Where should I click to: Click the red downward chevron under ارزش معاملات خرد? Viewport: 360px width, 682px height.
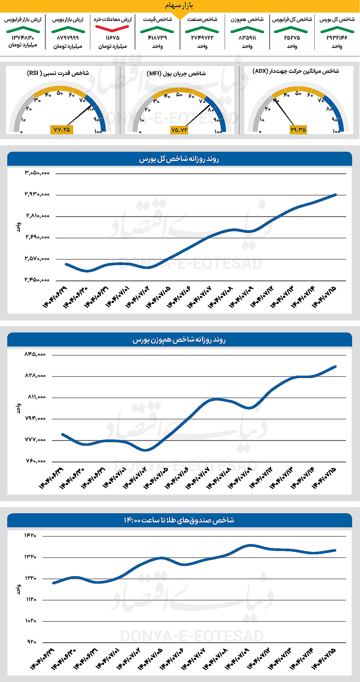point(112,28)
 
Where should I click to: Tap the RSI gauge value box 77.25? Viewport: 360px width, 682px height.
point(61,130)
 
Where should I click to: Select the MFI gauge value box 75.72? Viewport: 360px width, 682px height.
point(179,130)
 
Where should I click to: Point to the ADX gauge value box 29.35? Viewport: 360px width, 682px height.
point(298,130)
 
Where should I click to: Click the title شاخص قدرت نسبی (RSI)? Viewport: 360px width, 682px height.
point(58,73)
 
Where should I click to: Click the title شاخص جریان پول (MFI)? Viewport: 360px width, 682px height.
point(176,73)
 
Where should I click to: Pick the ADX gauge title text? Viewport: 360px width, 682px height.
point(295,71)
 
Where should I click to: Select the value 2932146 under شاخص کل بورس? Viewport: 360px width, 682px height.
point(337,38)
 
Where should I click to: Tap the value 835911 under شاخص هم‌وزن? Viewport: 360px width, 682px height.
point(247,38)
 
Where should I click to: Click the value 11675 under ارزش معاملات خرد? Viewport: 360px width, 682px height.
point(112,38)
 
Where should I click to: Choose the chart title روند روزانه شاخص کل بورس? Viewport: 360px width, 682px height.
point(179,159)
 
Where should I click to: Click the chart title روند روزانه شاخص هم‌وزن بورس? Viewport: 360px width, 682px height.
point(179,340)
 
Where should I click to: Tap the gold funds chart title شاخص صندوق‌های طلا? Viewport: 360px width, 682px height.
point(179,520)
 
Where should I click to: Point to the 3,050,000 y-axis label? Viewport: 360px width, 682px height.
point(37,173)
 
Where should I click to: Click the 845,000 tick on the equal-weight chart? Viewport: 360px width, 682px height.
point(35,354)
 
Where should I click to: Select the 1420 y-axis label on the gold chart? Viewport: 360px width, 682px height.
point(30,535)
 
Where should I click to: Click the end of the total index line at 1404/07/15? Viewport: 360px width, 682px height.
point(336,195)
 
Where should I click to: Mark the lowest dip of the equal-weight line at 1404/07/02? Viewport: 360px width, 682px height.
point(145,450)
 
